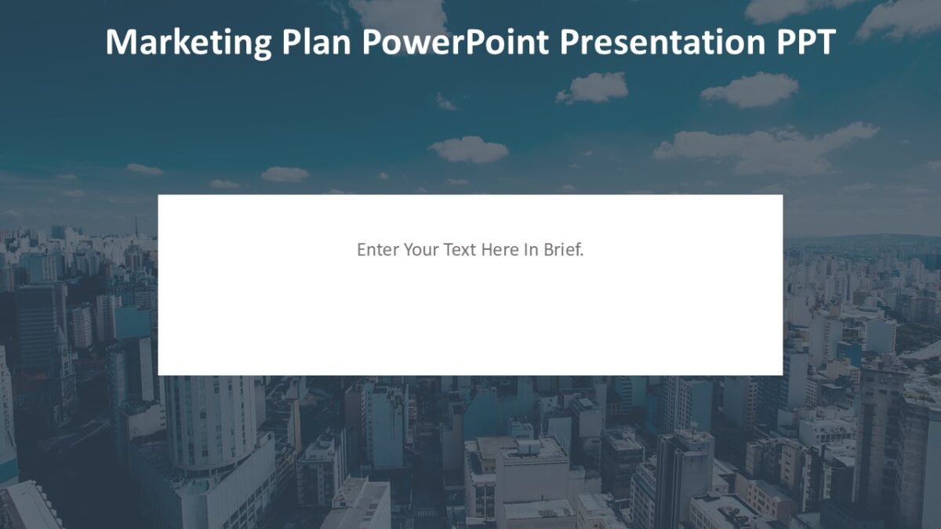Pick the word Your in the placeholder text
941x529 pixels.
pos(421,250)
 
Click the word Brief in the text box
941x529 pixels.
pos(562,250)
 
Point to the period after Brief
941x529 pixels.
pos(583,254)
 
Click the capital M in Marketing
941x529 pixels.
pos(118,42)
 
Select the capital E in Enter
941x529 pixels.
pos(362,250)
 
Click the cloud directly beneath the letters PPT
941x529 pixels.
pos(749,90)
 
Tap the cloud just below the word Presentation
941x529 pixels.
pos(593,87)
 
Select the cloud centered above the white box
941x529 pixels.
pos(470,150)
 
